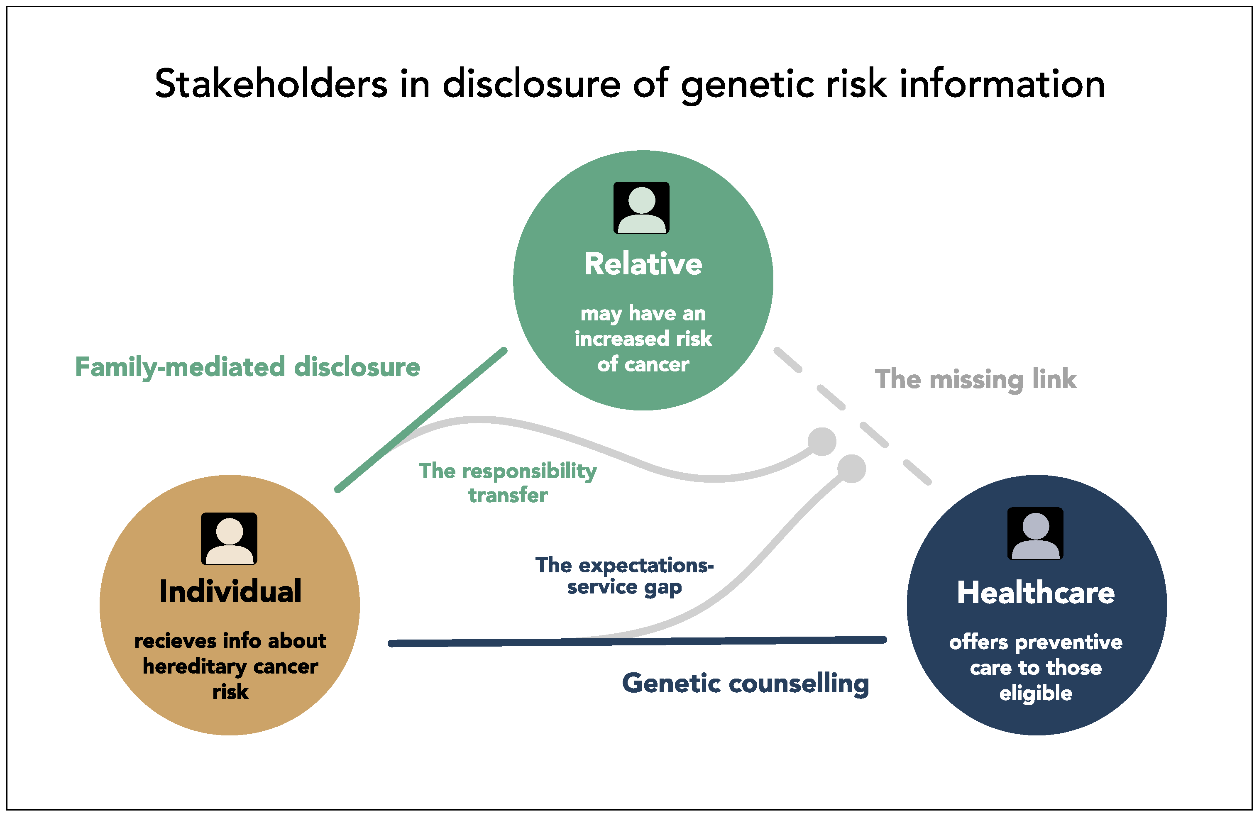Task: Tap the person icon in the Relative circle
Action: coord(641,208)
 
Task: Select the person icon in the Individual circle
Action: coord(229,538)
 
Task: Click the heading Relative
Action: coord(643,264)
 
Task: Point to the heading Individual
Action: coord(230,591)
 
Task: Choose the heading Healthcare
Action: coord(1035,592)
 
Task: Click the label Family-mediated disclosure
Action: coord(247,367)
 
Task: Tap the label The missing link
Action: coord(975,379)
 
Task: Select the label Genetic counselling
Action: coord(745,683)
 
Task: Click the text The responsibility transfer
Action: coord(507,482)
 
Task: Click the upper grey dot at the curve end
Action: coord(821,442)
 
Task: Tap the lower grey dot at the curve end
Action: coord(851,469)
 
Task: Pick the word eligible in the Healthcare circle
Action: coord(1035,693)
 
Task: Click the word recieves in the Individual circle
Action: coord(175,641)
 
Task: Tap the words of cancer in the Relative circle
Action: coord(643,364)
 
